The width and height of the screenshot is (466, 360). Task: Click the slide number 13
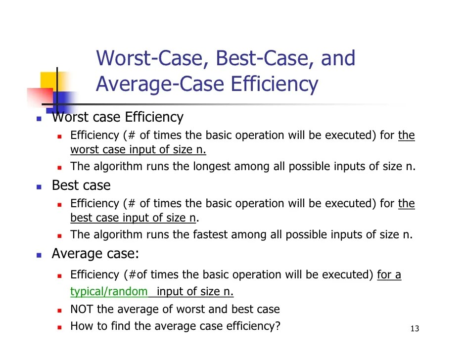(x=415, y=329)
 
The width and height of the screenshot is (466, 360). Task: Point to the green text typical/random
(x=109, y=291)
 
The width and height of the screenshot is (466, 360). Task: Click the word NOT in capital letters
(x=82, y=310)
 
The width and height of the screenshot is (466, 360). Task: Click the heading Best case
(x=81, y=185)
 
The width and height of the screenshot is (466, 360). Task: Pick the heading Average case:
(x=95, y=254)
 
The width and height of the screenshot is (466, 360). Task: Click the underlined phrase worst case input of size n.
(x=138, y=150)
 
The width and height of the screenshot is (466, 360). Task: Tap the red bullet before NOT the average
(x=58, y=311)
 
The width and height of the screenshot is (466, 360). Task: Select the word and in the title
(x=338, y=58)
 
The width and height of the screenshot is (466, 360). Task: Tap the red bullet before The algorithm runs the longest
(x=58, y=168)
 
